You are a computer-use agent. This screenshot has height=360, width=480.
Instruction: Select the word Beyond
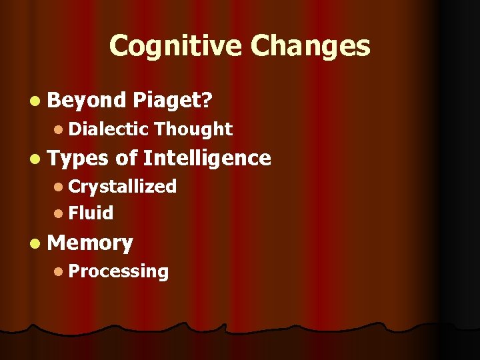(87, 100)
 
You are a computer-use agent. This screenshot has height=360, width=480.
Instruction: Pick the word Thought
(193, 129)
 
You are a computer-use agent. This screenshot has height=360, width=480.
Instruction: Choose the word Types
(78, 158)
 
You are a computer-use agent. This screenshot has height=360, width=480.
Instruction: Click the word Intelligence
(207, 158)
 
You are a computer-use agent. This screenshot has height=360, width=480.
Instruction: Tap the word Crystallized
(122, 186)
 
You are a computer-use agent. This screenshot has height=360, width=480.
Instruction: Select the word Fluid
(91, 213)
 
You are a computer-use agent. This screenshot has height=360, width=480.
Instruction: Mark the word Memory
(91, 243)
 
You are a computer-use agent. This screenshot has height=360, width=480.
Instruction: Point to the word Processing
(118, 271)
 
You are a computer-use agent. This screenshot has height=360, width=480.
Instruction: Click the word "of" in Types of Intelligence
(125, 158)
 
